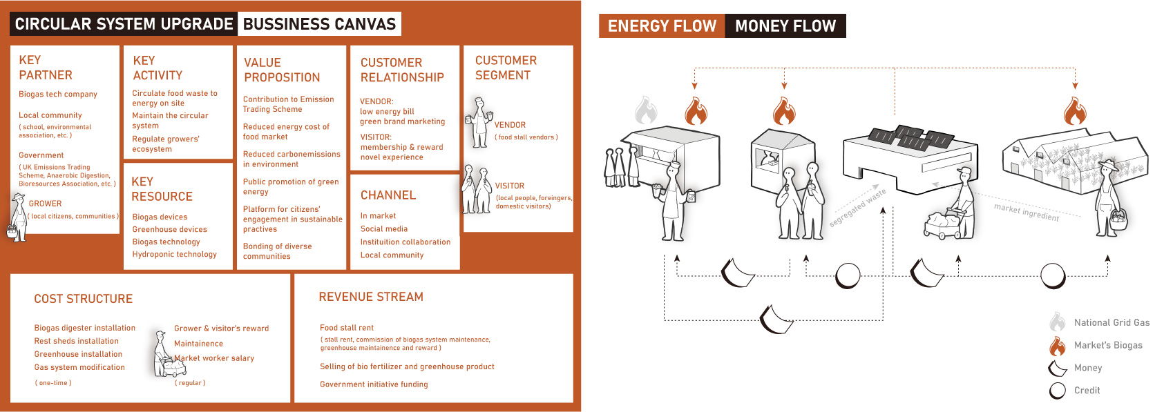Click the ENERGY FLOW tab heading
pos(661,26)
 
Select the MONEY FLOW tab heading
pos(785,26)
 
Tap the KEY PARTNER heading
pos(45,68)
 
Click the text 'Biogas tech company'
pos(58,95)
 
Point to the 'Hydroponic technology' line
pos(174,255)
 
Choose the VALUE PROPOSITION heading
pos(282,70)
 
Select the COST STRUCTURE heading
pos(83,299)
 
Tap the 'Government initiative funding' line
pos(374,384)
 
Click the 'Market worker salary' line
pos(214,358)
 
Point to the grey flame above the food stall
pos(645,110)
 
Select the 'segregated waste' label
pos(857,208)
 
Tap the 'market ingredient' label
pos(1026,213)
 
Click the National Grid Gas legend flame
pos(1057,322)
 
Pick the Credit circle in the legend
pos(1057,391)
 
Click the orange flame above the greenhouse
pos(1074,111)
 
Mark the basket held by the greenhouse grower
pos(1118,220)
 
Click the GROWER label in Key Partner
pos(45,204)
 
